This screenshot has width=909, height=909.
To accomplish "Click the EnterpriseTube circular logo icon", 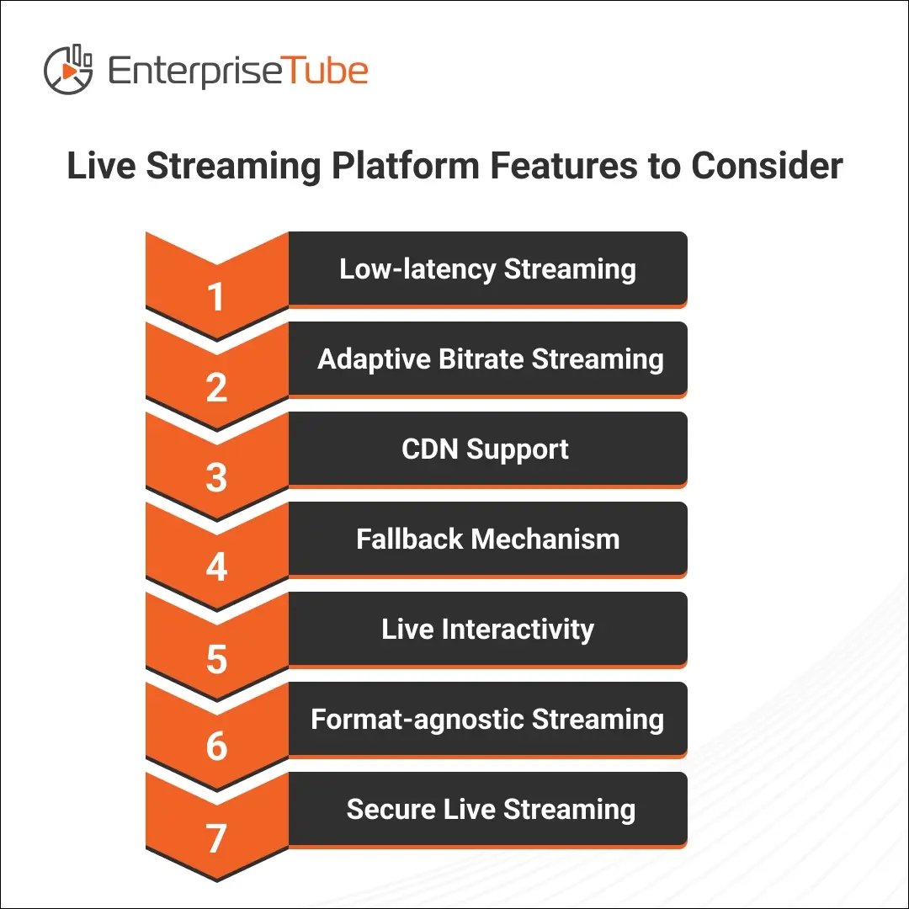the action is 68,70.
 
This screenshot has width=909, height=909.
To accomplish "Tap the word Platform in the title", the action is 406,167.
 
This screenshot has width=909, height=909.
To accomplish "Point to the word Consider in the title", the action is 767,166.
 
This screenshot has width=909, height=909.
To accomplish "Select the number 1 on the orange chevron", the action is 215,297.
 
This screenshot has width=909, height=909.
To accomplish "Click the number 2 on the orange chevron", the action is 216,387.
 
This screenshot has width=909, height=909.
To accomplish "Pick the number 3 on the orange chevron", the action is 216,478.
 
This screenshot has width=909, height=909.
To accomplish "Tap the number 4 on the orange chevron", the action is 216,567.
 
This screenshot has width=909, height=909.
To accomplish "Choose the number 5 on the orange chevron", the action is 216,658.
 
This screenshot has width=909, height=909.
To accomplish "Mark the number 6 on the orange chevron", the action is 216,746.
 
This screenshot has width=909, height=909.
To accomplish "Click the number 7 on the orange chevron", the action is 215,838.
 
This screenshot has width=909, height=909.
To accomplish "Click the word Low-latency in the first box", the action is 417,269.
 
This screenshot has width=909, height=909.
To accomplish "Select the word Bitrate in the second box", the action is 481,359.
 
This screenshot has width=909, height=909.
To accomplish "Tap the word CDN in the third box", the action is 430,449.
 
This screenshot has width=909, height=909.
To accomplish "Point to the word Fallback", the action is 409,539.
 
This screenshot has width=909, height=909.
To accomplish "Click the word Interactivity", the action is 518,630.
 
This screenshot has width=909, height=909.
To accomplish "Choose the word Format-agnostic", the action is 417,720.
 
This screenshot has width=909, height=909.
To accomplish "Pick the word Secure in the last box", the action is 391,809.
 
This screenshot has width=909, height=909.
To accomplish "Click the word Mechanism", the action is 545,539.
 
